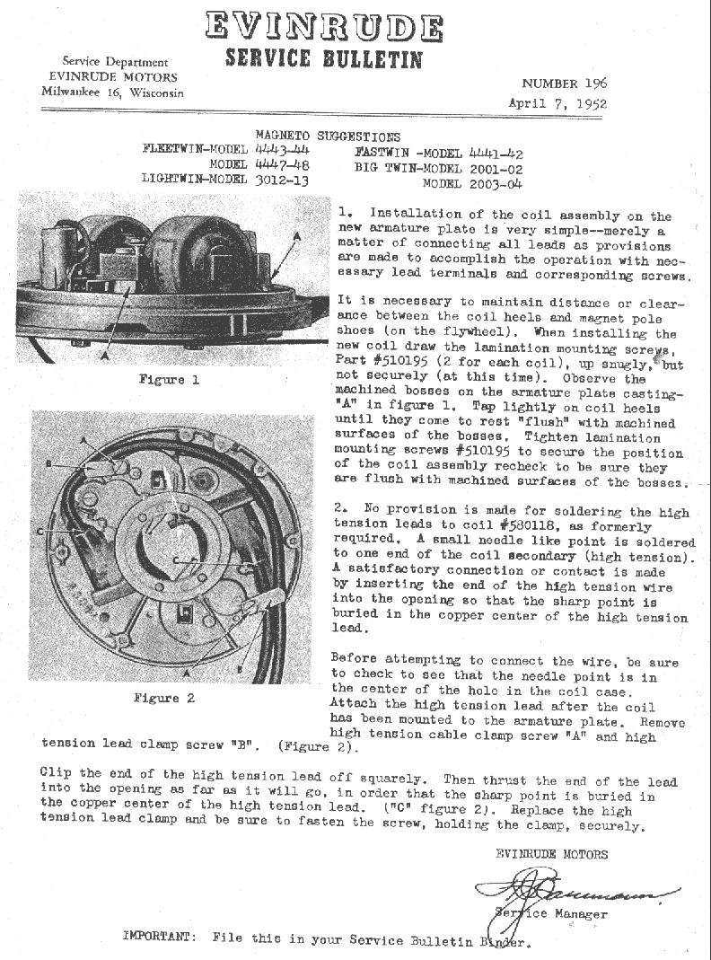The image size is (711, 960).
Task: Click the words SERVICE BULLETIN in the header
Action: coord(323,59)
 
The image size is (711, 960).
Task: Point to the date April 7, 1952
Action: coord(557,102)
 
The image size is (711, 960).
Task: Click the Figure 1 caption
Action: coord(168,379)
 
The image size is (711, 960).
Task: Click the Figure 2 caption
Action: coord(163,698)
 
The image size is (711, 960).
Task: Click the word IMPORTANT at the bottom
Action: coord(157,937)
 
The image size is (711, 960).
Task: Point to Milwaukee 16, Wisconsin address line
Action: coord(112,92)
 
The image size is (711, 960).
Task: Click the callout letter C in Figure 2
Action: coord(41,532)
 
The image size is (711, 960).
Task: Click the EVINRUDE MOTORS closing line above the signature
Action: coord(551,854)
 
